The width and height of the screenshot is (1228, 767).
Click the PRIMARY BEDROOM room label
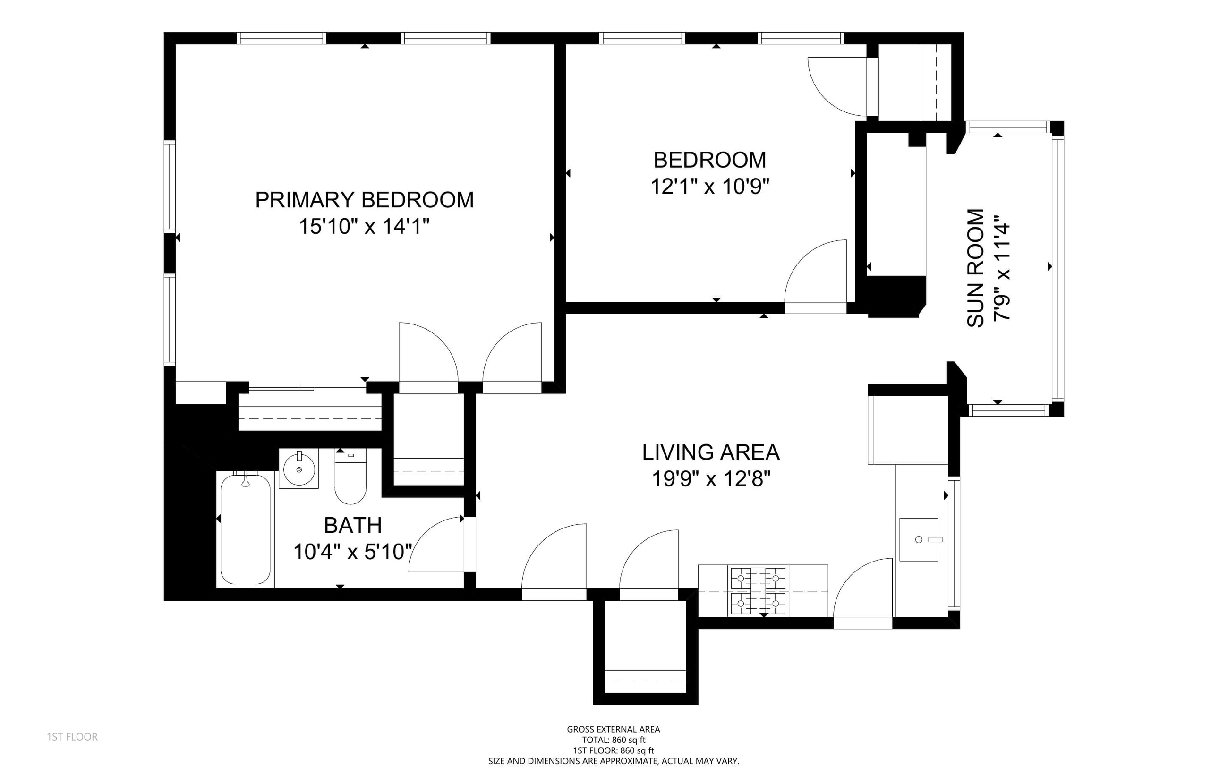coord(364,200)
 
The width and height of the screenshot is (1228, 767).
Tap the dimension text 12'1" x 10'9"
coord(709,186)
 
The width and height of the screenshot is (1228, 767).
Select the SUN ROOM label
coord(975,268)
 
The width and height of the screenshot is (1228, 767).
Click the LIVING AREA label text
coord(711,452)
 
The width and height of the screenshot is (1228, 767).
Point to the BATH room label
coord(352,525)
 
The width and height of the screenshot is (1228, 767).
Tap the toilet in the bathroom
coord(350,476)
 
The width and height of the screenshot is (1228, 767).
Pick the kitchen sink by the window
coord(919,539)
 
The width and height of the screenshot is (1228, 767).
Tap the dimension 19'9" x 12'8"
coord(711,478)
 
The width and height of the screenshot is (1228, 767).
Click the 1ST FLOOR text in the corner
coord(72,737)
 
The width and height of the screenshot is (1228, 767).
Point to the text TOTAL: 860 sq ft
coord(613,740)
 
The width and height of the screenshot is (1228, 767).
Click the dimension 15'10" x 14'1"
coord(364,226)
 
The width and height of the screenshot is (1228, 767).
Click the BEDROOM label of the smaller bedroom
coord(709,160)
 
